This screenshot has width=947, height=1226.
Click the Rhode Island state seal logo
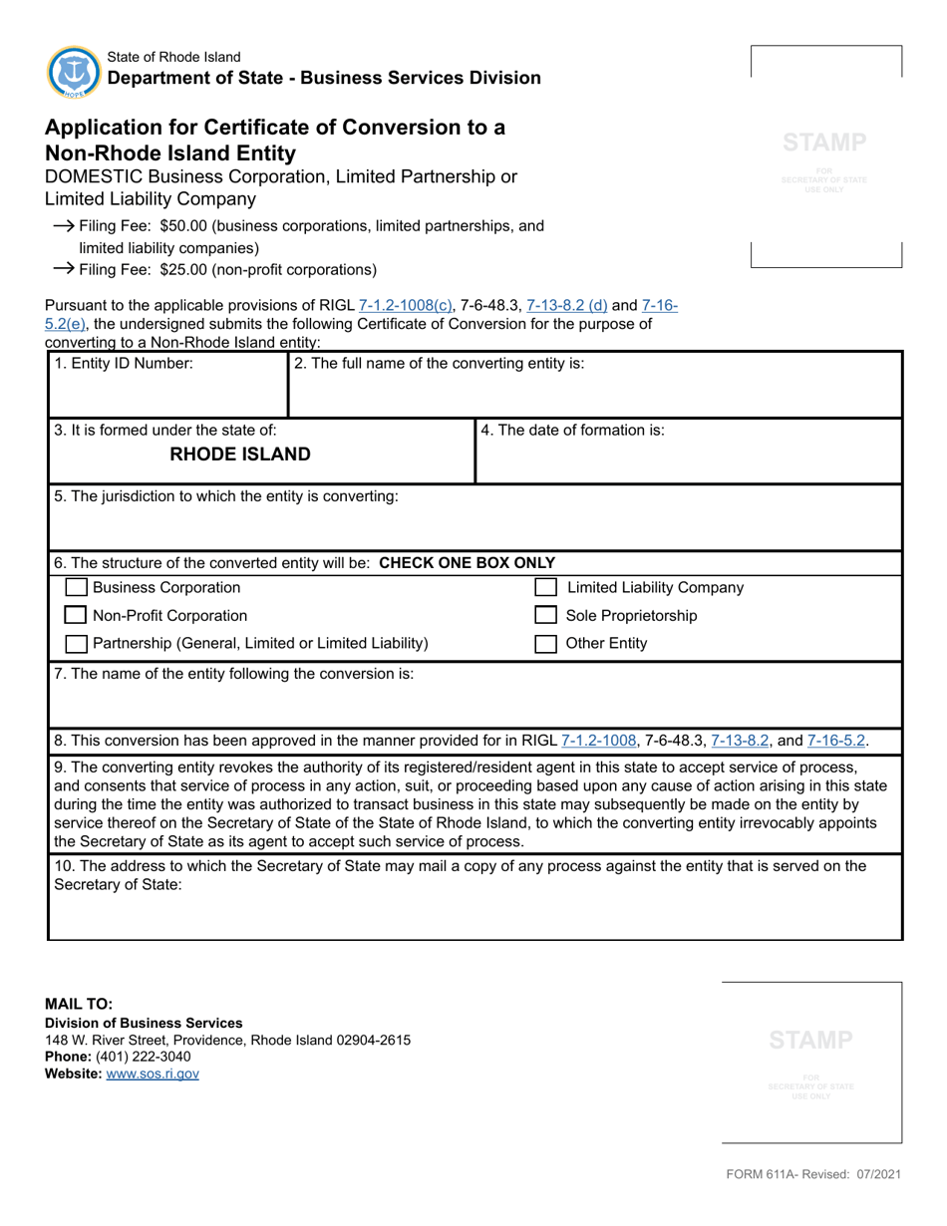(73, 71)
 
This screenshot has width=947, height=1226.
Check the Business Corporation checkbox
(76, 588)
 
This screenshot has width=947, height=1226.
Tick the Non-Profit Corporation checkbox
(76, 616)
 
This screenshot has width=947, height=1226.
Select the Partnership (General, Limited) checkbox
(76, 643)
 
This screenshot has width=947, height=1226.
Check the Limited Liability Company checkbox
(546, 588)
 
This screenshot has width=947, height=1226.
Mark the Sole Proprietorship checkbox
(546, 616)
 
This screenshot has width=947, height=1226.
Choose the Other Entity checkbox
(546, 643)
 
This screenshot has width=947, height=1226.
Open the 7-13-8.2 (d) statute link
(567, 306)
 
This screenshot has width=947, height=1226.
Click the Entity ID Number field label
(124, 364)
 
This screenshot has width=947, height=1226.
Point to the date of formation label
(572, 431)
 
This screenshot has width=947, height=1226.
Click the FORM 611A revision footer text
(813, 1175)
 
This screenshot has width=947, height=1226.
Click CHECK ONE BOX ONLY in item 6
(468, 562)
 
